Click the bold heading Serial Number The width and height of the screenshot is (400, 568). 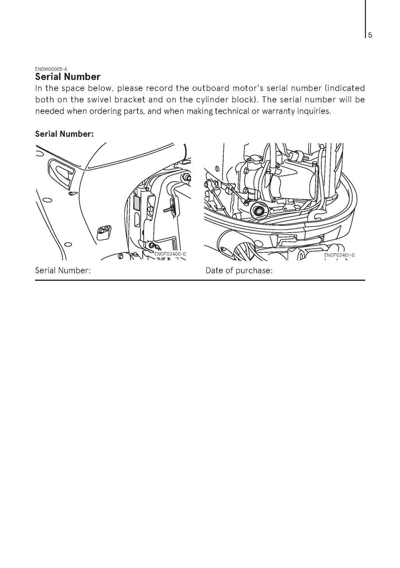pos(68,77)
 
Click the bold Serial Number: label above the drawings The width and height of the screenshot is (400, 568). pos(64,134)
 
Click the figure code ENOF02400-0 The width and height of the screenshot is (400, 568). pos(170,254)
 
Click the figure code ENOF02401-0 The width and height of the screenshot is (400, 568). pos(339,255)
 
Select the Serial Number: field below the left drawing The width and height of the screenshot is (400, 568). pos(63,270)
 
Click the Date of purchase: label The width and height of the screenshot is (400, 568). pos(239,270)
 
